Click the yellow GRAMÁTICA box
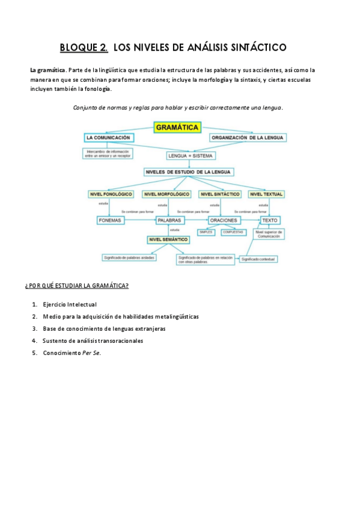177,127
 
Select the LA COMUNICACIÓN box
108,138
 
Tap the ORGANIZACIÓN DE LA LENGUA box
248,138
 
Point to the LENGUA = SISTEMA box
190,155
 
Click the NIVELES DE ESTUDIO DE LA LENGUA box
189,172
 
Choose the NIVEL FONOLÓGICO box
111,194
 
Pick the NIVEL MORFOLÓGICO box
167,194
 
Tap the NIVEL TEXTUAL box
266,194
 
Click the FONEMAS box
110,220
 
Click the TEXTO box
270,220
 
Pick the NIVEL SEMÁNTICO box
168,239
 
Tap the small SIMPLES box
206,232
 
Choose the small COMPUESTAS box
233,232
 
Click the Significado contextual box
258,259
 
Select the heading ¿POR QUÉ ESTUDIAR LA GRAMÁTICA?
77,286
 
